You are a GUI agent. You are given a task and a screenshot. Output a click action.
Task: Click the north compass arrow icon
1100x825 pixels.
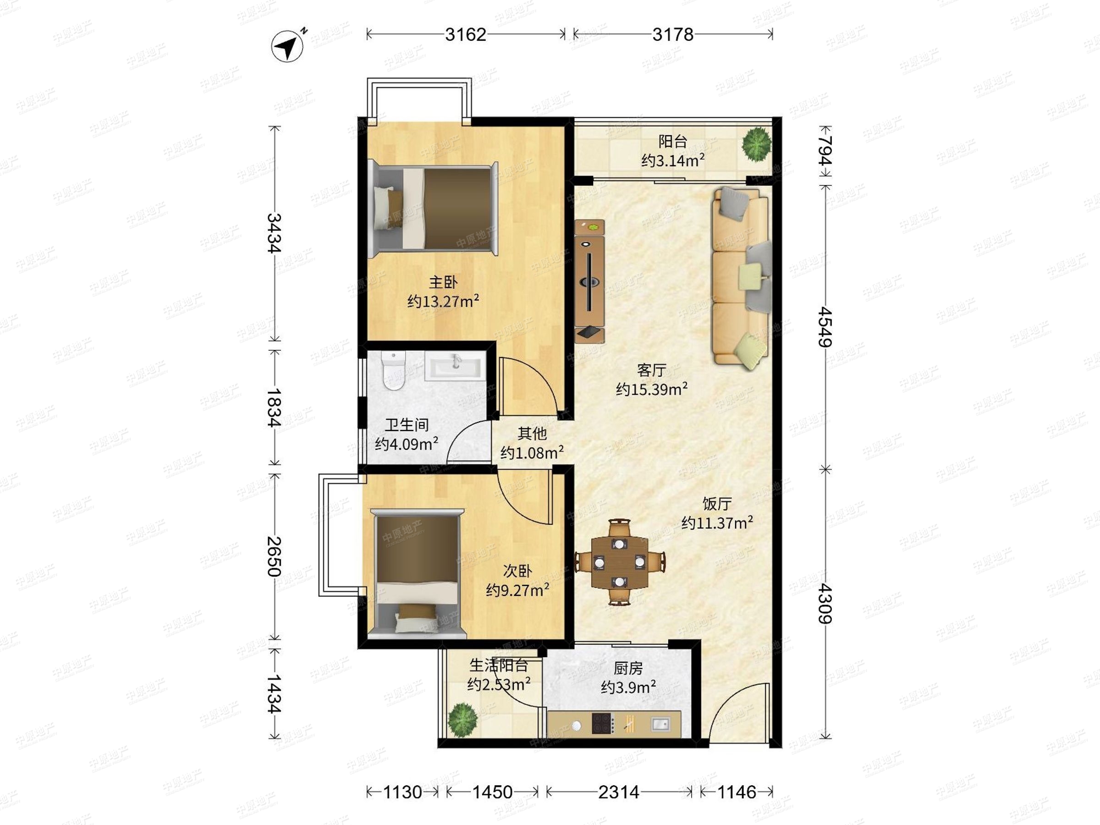point(288,46)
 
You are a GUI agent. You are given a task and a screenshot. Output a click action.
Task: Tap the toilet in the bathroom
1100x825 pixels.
point(394,371)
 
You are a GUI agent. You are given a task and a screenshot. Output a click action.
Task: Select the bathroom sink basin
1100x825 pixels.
point(455,366)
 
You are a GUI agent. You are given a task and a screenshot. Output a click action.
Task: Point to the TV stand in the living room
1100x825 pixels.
point(590,281)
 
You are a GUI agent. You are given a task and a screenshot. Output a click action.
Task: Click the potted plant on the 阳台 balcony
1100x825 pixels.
point(757,144)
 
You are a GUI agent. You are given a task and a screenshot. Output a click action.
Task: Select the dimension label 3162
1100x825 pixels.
point(466,34)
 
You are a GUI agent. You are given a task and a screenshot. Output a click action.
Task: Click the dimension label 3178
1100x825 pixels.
point(673,34)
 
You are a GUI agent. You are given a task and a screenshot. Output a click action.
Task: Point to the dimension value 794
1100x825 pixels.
point(825,151)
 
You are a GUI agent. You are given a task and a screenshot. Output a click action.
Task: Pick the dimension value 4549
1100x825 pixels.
point(825,326)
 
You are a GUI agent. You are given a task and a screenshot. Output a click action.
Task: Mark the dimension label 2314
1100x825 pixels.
point(619,792)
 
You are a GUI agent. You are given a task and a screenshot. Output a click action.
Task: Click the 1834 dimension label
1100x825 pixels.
point(274,407)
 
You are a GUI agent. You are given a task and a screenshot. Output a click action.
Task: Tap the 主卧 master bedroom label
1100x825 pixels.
point(443,282)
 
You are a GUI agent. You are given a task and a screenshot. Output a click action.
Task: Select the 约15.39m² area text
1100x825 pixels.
point(651,388)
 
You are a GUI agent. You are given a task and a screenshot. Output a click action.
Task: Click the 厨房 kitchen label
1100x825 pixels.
point(628,668)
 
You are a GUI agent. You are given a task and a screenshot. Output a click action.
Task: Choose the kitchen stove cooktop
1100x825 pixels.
point(602,724)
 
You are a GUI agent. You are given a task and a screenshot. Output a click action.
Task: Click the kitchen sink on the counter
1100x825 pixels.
point(660,724)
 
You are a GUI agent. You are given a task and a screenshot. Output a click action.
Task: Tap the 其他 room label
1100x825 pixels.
point(532,434)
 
